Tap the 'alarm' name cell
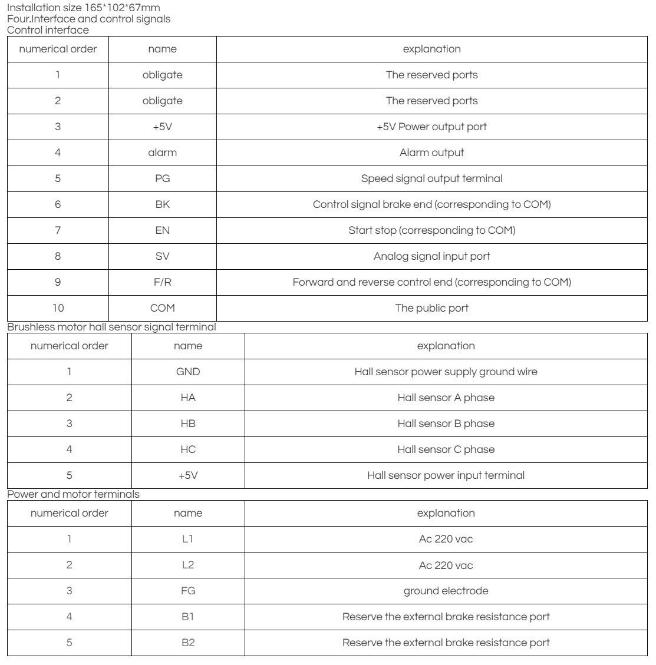pyautogui.click(x=163, y=153)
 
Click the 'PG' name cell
pyautogui.click(x=163, y=178)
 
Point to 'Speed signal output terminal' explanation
pyautogui.click(x=431, y=178)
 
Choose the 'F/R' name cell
pyautogui.click(x=163, y=282)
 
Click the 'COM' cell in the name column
pyautogui.click(x=163, y=308)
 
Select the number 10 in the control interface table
pyautogui.click(x=58, y=308)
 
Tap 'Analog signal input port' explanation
pyautogui.click(x=431, y=256)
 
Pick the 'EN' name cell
pyautogui.click(x=163, y=230)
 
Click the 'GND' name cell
pyautogui.click(x=188, y=372)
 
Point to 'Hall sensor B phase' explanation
pyautogui.click(x=446, y=424)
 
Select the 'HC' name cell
pyautogui.click(x=188, y=449)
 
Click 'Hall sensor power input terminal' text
pyautogui.click(x=446, y=475)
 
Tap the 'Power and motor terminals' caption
pyautogui.click(x=73, y=495)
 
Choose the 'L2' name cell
pyautogui.click(x=188, y=565)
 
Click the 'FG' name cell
pyautogui.click(x=188, y=591)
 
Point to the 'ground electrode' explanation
pyautogui.click(x=446, y=591)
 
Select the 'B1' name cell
pyautogui.click(x=188, y=617)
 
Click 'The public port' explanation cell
pyautogui.click(x=431, y=308)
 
